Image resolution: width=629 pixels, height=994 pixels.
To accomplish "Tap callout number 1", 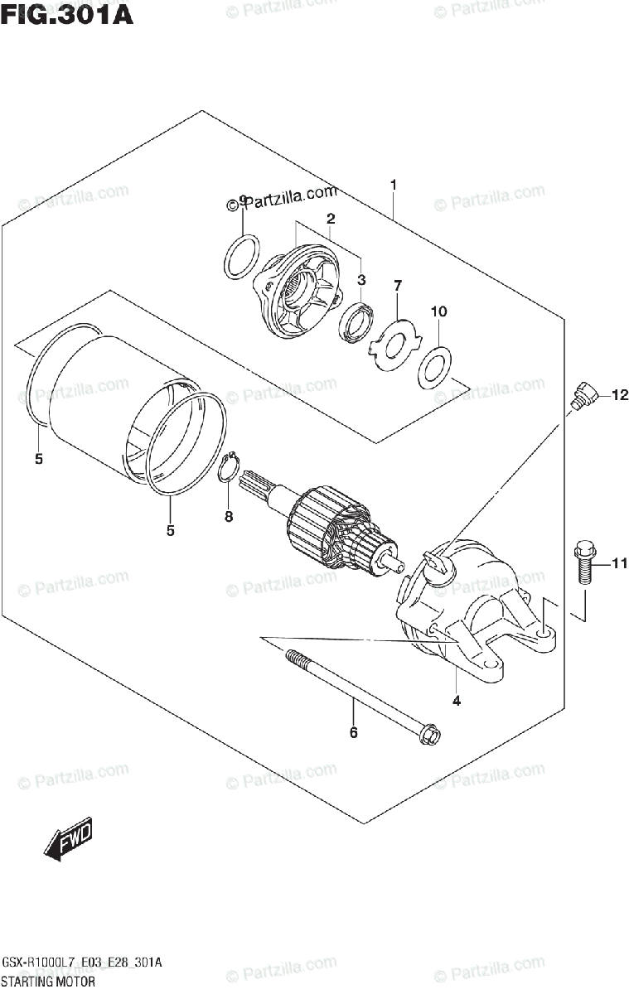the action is tap(394, 185).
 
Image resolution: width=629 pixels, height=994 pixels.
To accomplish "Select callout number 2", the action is tap(330, 219).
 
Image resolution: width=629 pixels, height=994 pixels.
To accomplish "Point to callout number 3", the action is tap(361, 280).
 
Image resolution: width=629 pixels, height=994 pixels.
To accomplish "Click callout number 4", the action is tap(457, 701).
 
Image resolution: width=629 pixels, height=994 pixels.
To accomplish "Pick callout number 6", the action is tap(353, 732).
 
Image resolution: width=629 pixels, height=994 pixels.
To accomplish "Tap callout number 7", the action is tap(397, 286).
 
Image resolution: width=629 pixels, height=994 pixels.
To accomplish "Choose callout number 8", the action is tap(229, 516).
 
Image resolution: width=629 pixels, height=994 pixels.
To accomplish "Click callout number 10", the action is tap(438, 311).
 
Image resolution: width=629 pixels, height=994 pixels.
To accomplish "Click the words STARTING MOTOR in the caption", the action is tap(49, 981).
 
